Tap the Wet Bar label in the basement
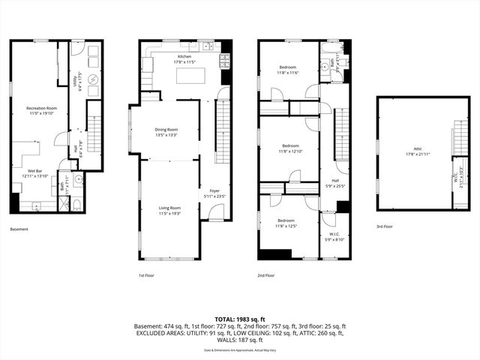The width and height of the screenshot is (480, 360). pos(35,171)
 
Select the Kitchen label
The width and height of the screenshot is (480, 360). pos(184,56)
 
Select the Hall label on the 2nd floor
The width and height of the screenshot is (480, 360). pos(334,180)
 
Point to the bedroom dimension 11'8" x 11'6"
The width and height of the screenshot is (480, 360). pos(289,72)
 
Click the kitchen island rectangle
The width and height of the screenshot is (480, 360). pos(189,76)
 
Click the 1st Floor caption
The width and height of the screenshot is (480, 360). pos(148,275)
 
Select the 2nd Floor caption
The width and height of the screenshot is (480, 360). pos(266,275)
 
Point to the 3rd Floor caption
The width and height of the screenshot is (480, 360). pos(385,226)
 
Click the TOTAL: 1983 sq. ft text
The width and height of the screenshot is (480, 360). pos(239,319)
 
